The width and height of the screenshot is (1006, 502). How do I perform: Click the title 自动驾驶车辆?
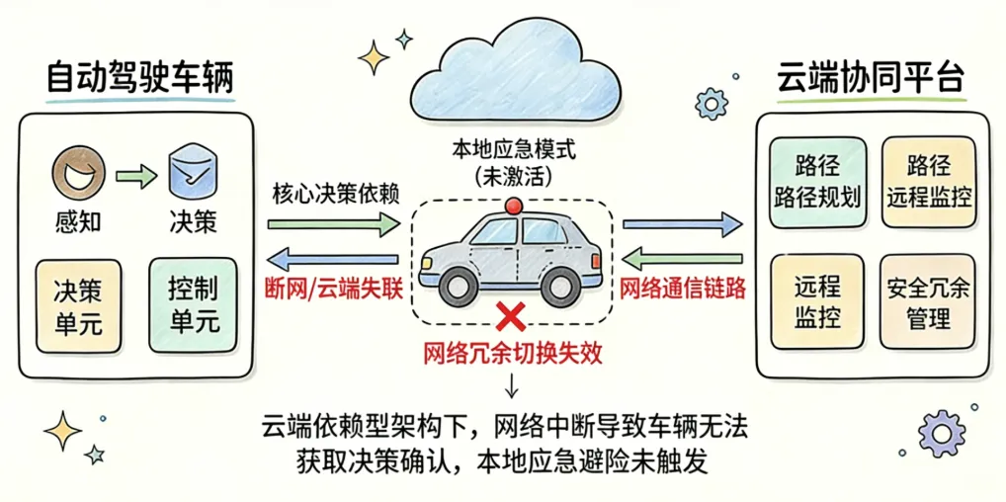point(140,79)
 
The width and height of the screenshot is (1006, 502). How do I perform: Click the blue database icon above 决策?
point(193,174)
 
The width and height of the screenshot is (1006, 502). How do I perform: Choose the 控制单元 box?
point(194,304)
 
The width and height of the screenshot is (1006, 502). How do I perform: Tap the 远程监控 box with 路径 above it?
point(928,181)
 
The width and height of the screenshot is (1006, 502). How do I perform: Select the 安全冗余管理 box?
point(928,302)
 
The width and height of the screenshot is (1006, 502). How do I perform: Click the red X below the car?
point(510,317)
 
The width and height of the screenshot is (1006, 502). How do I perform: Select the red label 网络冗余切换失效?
point(512,351)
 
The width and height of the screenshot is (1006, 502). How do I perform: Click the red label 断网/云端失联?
point(333,291)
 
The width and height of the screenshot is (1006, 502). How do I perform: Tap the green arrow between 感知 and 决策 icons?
point(135,178)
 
